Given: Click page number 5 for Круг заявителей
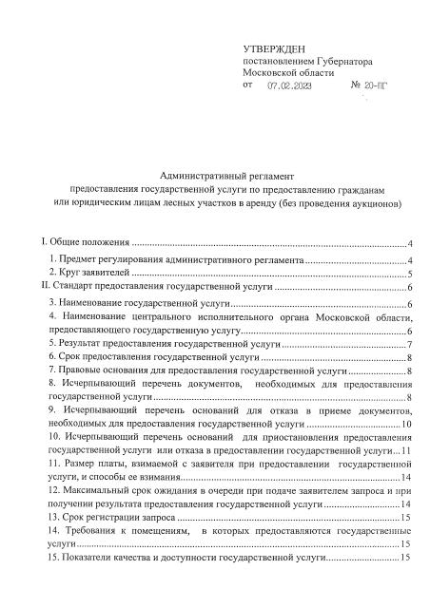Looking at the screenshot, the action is click(408, 273).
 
